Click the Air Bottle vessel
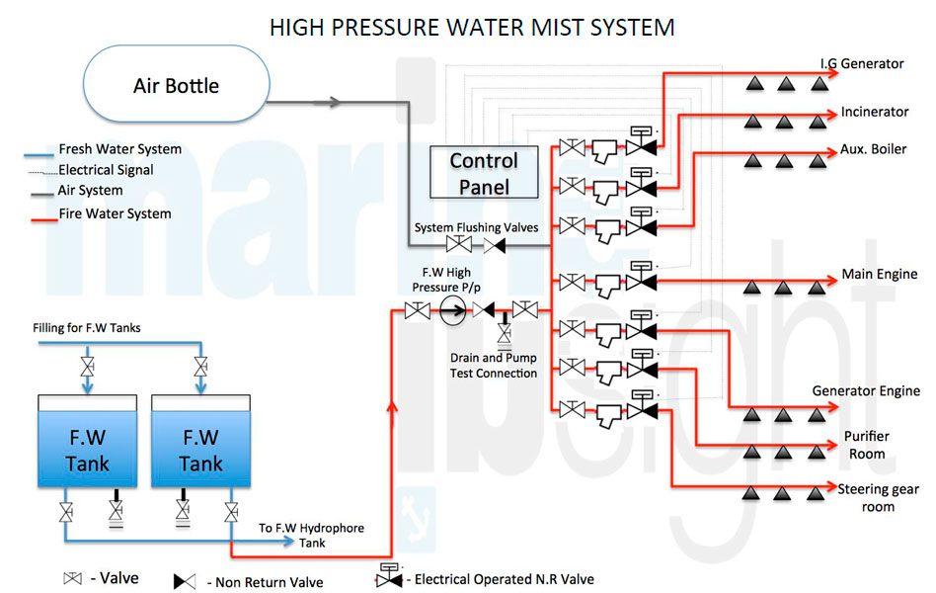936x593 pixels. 177,85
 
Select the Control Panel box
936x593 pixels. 484,173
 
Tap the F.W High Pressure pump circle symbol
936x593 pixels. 452,311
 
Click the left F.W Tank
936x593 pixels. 88,449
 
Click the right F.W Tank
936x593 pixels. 200,449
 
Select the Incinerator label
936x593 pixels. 874,112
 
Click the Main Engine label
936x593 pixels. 878,274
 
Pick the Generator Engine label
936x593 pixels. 865,391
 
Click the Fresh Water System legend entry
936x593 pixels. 119,149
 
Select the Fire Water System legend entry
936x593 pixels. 114,212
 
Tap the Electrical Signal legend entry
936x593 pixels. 105,170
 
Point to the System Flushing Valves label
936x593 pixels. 476,227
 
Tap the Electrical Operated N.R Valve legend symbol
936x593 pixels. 388,577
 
